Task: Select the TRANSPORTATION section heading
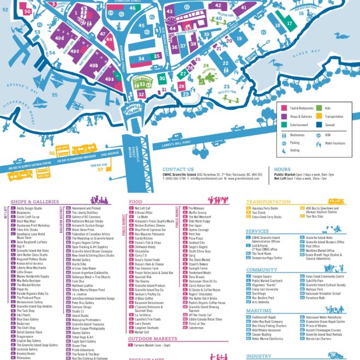268,202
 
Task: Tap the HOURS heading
282,170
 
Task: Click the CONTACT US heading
178,170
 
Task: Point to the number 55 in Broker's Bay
55,94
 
